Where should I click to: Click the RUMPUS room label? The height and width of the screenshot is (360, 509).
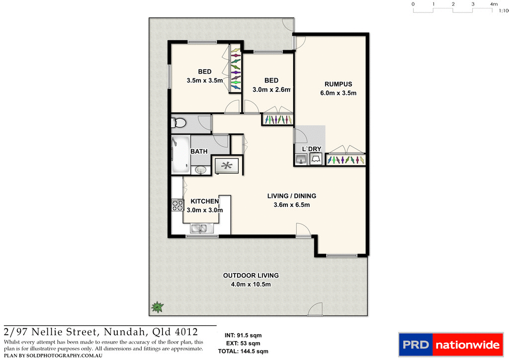point(338,84)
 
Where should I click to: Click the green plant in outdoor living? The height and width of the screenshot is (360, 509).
point(158,307)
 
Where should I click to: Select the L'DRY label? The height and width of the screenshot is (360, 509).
point(309,149)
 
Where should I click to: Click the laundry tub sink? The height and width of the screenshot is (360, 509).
point(301,159)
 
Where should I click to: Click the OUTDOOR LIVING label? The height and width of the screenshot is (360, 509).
point(251,275)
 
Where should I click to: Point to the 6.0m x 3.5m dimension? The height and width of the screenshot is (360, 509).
point(338,93)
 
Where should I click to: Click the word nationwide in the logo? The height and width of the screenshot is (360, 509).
point(467,345)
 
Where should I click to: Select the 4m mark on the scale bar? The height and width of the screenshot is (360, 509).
point(494,4)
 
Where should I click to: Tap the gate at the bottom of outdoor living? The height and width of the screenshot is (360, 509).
point(316,311)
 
